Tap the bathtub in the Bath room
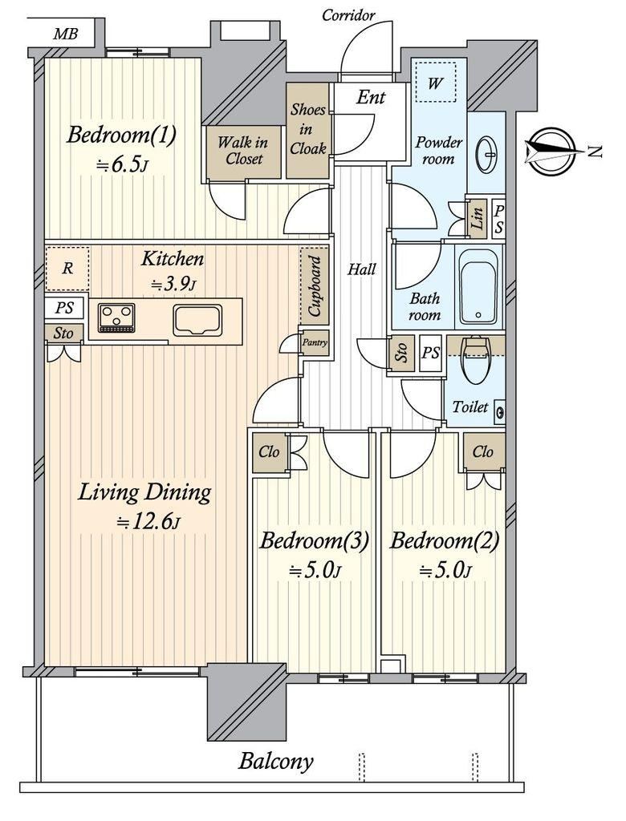(478, 286)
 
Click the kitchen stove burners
(116, 317)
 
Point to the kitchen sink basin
(198, 320)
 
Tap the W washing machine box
(435, 83)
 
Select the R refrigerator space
(67, 269)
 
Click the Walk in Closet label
(242, 151)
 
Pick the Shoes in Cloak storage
(307, 130)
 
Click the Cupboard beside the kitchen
(315, 286)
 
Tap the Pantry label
(315, 343)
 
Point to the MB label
(66, 34)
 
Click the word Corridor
(348, 15)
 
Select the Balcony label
(276, 761)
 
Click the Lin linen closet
(477, 219)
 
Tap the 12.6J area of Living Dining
(148, 522)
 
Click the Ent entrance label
(372, 97)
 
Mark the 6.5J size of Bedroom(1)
(122, 165)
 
